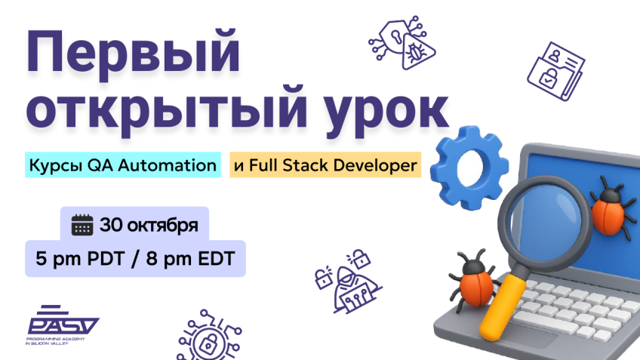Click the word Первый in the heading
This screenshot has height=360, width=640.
133,53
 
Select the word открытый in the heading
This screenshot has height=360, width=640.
166,109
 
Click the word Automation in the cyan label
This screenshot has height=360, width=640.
168,165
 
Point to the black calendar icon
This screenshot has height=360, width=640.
82,225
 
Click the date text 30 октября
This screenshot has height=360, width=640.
149,225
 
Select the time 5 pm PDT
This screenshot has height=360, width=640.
80,259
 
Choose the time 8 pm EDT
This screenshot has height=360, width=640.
191,259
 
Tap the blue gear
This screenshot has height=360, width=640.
469,168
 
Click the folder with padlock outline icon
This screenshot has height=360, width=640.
555,72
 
